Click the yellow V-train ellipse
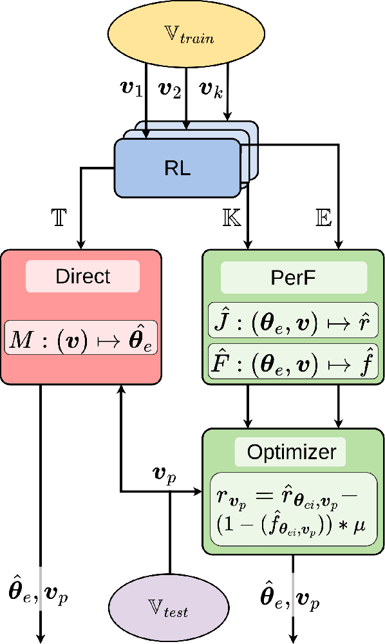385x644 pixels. [191, 37]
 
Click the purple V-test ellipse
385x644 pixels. [169, 607]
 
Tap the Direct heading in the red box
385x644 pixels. [82, 276]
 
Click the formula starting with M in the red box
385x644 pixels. [81, 337]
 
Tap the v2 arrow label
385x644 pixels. [171, 89]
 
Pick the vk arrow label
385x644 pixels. [211, 89]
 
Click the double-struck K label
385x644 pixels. [231, 217]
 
